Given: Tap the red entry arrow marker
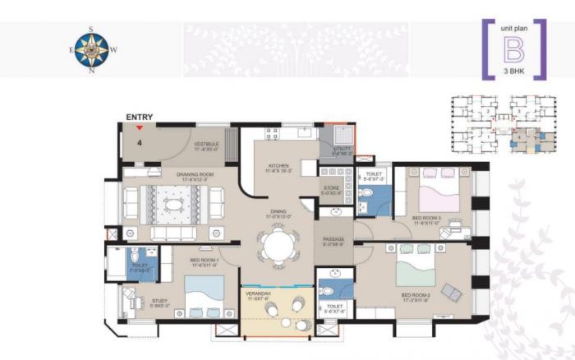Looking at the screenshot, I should tap(140, 127).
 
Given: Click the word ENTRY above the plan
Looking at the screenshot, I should tap(140, 118).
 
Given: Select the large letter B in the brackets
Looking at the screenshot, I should tap(513, 50).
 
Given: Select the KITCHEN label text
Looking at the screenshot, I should tap(278, 167).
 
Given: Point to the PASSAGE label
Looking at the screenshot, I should tap(333, 240).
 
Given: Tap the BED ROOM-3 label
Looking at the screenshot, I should tap(427, 219).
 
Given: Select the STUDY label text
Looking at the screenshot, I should tap(160, 302).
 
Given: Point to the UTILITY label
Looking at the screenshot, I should tap(341, 150).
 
